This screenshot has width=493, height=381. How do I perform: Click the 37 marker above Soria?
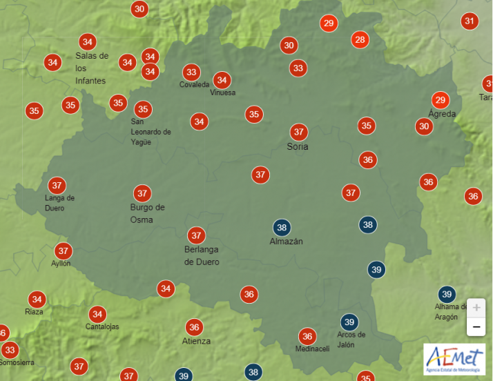pyautogui.click(x=298, y=132)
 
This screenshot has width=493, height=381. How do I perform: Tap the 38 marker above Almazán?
pyautogui.click(x=282, y=227)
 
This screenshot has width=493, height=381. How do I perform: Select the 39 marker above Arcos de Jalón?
pyautogui.click(x=349, y=322)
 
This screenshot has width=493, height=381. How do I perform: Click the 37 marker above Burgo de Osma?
pyautogui.click(x=142, y=193)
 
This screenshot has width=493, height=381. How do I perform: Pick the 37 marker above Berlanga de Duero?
pyautogui.click(x=196, y=235)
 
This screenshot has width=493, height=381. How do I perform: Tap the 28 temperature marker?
pyautogui.click(x=360, y=39)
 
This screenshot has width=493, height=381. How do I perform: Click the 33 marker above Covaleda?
pyautogui.click(x=191, y=72)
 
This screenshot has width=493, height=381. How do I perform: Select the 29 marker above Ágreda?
pyautogui.click(x=440, y=99)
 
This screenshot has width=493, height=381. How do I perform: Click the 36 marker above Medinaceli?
pyautogui.click(x=307, y=336)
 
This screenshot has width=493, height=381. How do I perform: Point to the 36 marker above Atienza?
pyautogui.click(x=194, y=327)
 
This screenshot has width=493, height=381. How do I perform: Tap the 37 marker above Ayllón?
pyautogui.click(x=64, y=251)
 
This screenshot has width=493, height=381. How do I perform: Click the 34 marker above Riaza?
pyautogui.click(x=37, y=300)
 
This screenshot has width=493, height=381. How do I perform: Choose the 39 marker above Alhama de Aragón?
pyautogui.click(x=447, y=294)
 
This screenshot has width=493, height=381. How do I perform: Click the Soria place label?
pyautogui.click(x=298, y=146)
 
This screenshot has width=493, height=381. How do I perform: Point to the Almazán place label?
pyautogui.click(x=286, y=242)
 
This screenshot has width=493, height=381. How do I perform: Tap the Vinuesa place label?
pyautogui.click(x=222, y=92)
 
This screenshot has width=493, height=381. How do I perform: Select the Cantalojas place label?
pyautogui.click(x=102, y=326)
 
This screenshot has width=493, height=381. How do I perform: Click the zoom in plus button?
pyautogui.click(x=476, y=308)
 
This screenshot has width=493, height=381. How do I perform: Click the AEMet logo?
pyautogui.click(x=454, y=359)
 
